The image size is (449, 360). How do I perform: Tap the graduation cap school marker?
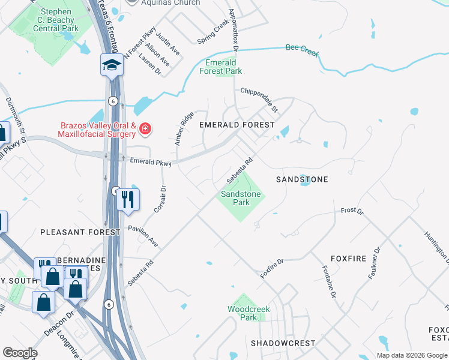(112, 65)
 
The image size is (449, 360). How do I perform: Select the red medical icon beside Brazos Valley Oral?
(145, 129)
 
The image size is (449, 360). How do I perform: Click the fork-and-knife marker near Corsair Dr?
(127, 199)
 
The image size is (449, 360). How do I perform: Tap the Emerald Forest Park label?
(224, 67)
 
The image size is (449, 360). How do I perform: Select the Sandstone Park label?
(241, 198)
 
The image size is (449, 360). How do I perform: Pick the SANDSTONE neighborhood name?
(302, 179)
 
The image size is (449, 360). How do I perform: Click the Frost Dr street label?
(352, 211)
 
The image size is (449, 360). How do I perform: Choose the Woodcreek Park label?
(249, 313)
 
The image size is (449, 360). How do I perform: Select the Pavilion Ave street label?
(144, 236)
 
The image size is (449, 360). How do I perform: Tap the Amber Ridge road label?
(184, 128)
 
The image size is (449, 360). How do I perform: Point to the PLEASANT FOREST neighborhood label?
(80, 232)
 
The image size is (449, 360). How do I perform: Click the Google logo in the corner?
(20, 353)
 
